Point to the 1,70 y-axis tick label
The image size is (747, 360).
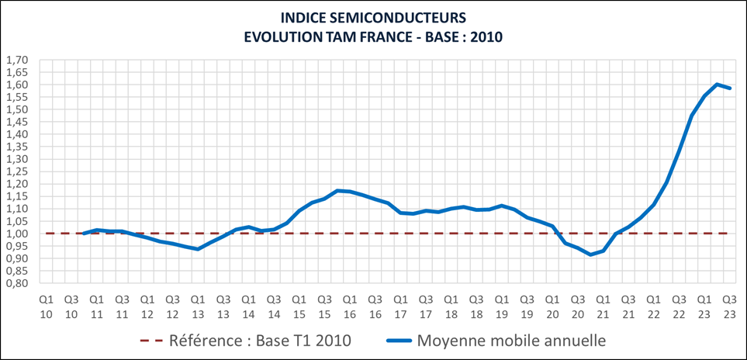(17, 60)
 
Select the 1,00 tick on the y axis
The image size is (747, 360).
(17, 234)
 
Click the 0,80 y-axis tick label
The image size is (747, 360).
(17, 283)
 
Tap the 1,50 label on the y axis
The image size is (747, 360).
(17, 109)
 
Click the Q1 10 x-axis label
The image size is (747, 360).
(46, 304)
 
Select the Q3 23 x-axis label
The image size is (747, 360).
(730, 304)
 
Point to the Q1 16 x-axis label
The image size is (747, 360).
(350, 304)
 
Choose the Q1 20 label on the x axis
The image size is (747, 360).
(552, 304)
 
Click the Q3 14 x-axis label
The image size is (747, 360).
(274, 304)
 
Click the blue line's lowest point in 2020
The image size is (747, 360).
(590, 254)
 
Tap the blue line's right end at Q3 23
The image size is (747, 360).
(730, 88)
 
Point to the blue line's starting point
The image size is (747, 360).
(84, 233)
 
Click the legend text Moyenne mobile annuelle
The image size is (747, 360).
(511, 340)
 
